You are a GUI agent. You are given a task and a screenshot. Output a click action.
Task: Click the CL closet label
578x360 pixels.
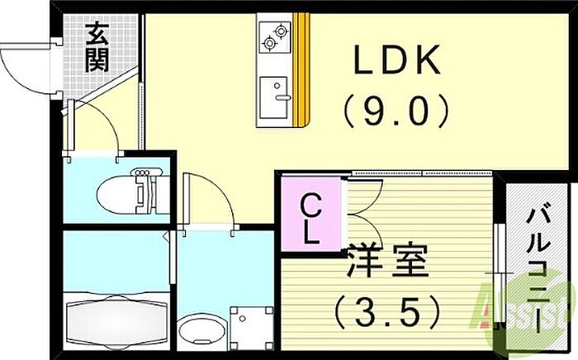click(310, 218)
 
